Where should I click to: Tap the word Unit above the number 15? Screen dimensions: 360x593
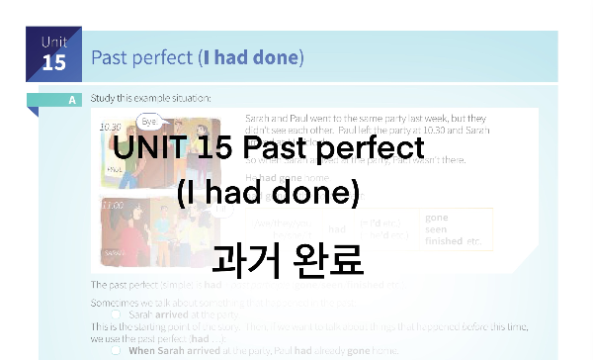click(x=53, y=42)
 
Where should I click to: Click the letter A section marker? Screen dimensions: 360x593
click(x=73, y=100)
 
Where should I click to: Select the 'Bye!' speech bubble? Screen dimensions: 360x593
click(x=148, y=121)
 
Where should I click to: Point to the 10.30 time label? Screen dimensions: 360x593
click(x=110, y=127)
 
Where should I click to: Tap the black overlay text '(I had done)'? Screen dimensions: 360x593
click(x=268, y=193)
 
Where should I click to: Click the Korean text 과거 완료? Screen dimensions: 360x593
click(x=288, y=258)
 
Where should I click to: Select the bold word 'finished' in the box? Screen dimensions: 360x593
click(x=444, y=240)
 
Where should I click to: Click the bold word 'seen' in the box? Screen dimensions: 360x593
click(x=435, y=228)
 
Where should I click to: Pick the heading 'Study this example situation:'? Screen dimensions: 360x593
click(x=150, y=98)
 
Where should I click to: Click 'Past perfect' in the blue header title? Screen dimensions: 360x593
click(x=142, y=56)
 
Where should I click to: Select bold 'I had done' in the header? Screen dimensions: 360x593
click(x=250, y=56)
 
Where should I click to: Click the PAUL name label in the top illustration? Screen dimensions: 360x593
click(x=114, y=169)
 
